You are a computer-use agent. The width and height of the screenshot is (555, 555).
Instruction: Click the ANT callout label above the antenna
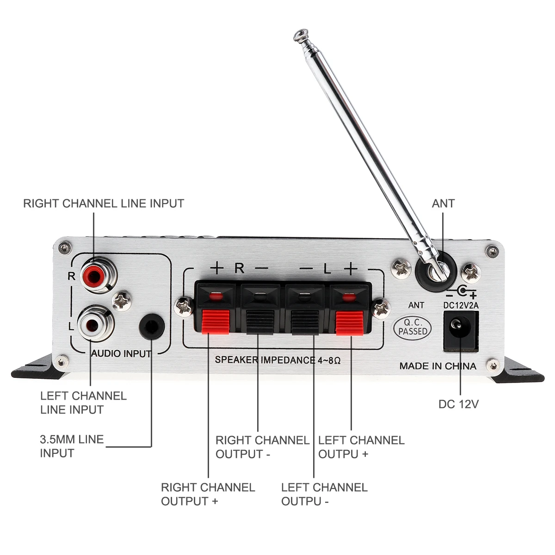pos(443,203)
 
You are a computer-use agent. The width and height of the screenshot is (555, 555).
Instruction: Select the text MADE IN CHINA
pos(438,366)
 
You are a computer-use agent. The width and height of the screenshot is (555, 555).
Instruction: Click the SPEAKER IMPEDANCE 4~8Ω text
pos(277,360)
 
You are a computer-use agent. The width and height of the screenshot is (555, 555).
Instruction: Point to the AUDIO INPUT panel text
pos(121,354)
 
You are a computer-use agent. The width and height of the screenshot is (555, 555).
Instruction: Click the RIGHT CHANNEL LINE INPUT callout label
pos(104,203)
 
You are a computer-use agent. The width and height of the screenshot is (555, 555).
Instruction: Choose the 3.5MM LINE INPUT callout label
pos(71,446)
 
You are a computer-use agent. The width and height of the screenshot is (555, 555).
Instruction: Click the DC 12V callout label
pos(458,404)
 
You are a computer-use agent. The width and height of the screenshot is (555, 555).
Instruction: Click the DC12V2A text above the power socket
pos(461,305)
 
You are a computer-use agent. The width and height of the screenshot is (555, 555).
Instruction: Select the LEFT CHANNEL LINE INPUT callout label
pos(83,402)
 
